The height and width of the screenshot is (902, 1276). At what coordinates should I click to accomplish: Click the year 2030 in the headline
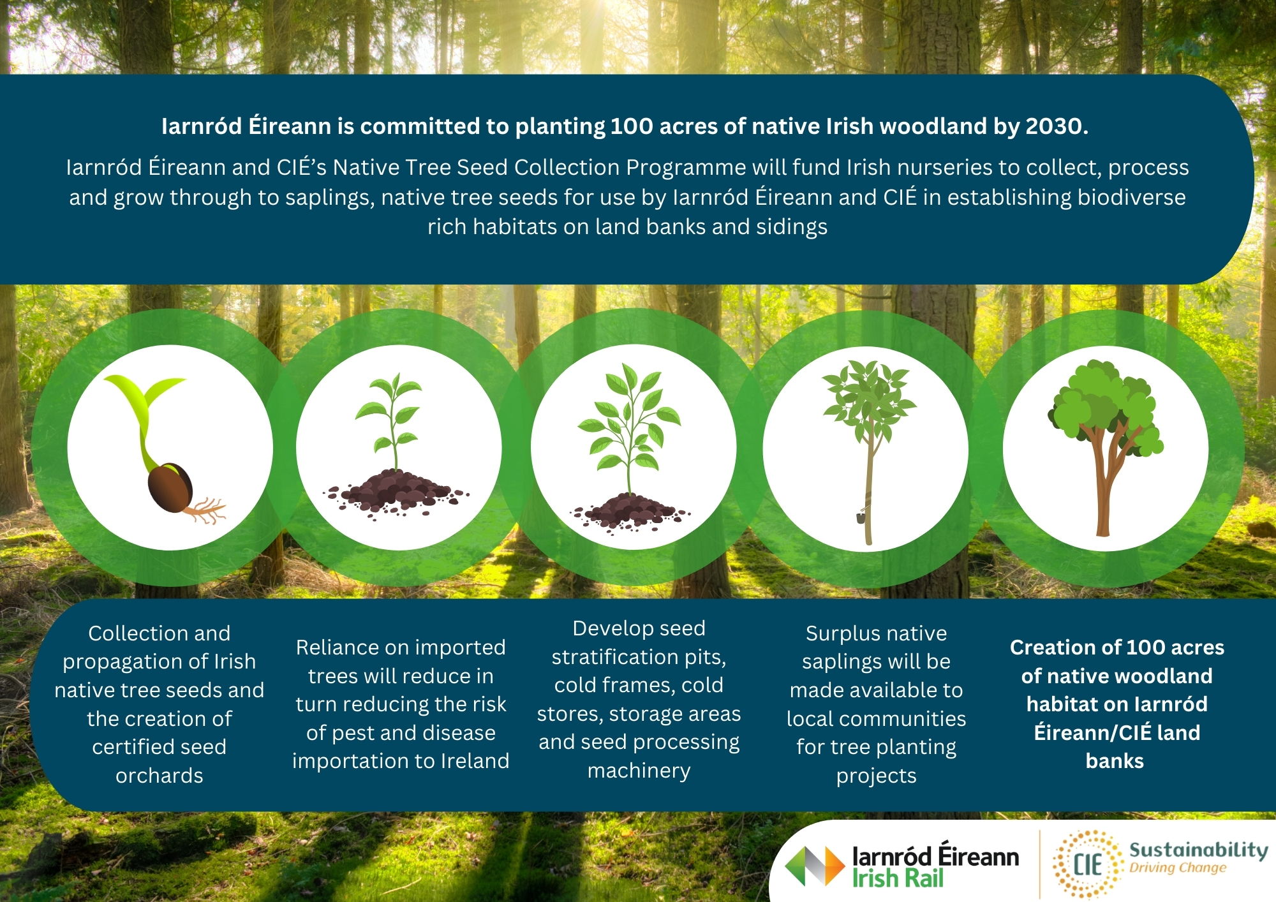click(1057, 126)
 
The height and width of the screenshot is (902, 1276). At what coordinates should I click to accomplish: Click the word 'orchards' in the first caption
click(159, 776)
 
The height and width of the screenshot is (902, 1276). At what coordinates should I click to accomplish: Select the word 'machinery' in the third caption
click(639, 771)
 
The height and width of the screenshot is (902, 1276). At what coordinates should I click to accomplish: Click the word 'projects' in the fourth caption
click(877, 776)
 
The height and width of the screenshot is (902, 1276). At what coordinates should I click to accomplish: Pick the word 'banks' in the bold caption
click(1115, 761)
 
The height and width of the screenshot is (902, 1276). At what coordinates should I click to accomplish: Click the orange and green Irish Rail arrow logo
click(815, 866)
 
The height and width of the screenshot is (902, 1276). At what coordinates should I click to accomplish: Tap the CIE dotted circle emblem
click(1088, 864)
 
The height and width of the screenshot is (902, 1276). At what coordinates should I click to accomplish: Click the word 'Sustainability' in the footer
click(1199, 850)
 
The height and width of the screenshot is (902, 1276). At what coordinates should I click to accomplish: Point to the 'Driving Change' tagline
click(1178, 868)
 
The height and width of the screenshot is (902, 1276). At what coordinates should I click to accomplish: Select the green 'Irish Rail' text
click(898, 879)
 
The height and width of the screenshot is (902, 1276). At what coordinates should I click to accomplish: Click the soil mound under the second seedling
click(397, 492)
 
